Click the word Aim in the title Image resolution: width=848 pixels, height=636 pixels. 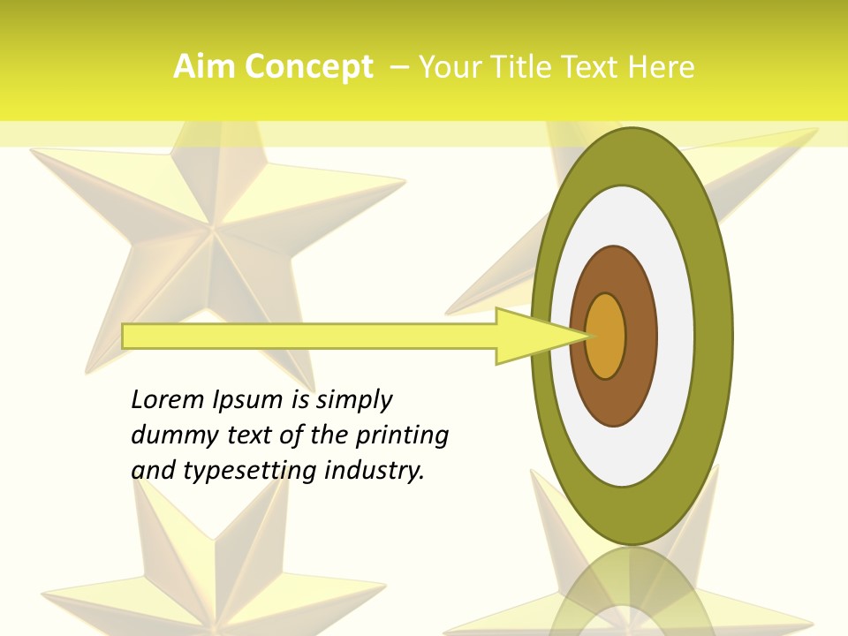click(205, 67)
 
